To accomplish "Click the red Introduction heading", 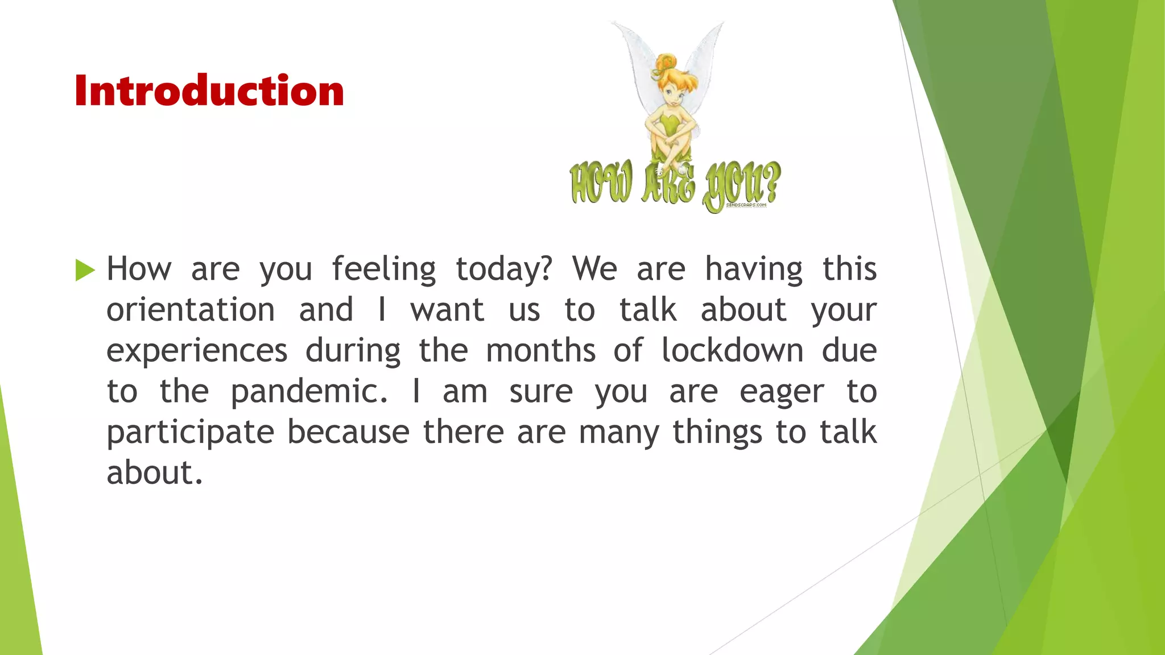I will click(x=209, y=91).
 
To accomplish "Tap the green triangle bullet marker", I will click(x=85, y=270).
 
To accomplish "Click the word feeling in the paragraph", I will click(x=384, y=270).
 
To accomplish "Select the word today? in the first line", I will click(x=503, y=270).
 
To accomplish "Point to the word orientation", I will click(x=191, y=310).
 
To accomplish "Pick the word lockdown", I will click(x=732, y=350).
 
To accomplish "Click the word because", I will click(x=348, y=432).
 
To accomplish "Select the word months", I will click(x=540, y=350).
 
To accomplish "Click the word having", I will click(x=754, y=270).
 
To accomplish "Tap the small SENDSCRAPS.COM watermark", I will click(x=746, y=205).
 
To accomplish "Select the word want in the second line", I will click(x=447, y=310).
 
